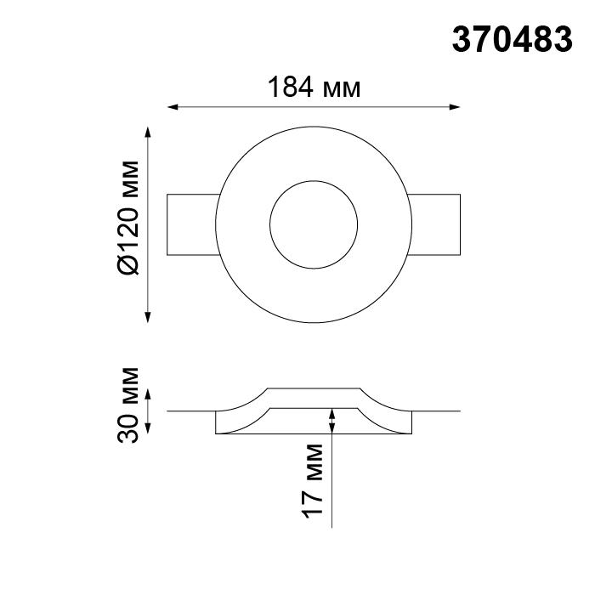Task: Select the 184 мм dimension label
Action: click(314, 87)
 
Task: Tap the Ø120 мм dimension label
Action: click(127, 217)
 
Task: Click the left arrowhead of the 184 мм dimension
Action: click(173, 108)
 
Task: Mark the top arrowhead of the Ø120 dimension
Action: click(150, 133)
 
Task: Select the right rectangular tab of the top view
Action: click(435, 224)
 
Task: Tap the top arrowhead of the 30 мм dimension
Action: click(150, 394)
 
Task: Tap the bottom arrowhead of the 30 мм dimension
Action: click(150, 429)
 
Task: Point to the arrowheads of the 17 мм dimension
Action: click(331, 418)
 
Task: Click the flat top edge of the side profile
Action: click(314, 388)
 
